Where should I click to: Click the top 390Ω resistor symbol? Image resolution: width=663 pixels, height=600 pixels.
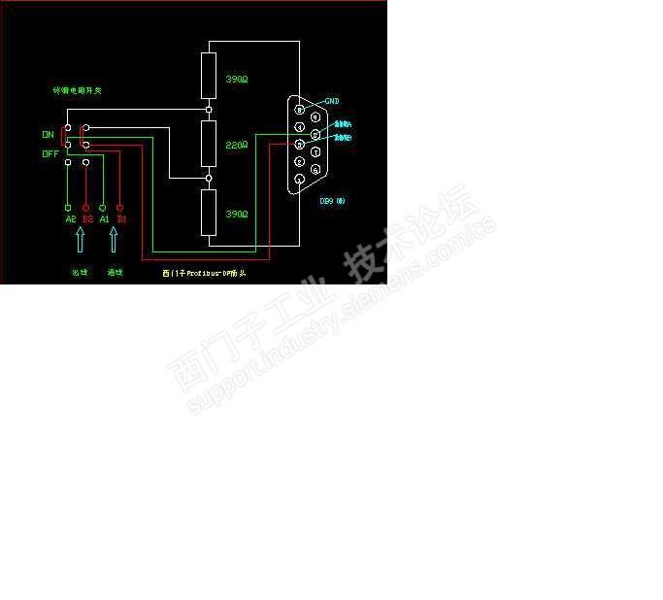208,76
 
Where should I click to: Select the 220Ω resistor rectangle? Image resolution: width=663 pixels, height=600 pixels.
208,144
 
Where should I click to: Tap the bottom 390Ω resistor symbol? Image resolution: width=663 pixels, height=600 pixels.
208,213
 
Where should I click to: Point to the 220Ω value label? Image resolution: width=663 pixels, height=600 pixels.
237,145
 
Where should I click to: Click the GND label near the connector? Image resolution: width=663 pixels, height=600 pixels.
331,101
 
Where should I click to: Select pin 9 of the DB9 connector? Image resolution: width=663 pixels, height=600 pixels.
315,117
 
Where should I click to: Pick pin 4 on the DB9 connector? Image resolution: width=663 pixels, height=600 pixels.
300,127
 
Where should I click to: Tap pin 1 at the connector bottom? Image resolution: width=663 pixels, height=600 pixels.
300,179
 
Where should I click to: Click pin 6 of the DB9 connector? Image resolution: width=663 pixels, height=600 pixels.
315,169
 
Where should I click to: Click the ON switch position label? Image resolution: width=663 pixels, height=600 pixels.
48,134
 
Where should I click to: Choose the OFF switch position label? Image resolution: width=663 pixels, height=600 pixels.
50,153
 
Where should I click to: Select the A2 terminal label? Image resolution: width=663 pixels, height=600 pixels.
70,219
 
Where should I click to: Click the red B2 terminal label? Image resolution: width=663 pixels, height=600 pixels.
87,219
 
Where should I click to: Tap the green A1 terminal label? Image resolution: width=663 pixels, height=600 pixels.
104,219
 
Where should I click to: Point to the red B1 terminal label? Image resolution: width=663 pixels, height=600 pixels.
121,219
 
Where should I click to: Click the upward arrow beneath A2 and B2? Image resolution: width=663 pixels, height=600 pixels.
79,242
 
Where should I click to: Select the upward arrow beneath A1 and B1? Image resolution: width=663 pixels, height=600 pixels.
113,242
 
